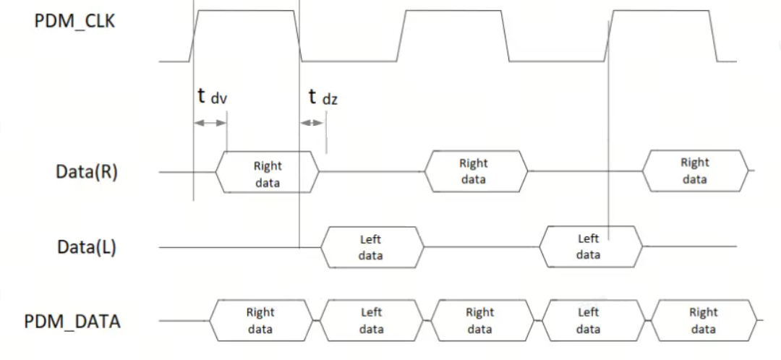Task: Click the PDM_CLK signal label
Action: point(74,20)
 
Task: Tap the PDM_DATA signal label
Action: point(72,321)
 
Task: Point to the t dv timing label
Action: point(212,97)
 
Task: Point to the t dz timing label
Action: point(322,97)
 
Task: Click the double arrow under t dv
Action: point(210,124)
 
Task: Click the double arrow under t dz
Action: point(312,124)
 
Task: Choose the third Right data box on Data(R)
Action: point(695,171)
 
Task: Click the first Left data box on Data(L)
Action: point(371,247)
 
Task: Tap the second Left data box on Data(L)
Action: point(589,247)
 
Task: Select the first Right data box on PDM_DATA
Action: point(261,321)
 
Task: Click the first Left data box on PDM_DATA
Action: point(371,321)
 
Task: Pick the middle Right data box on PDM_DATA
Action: point(480,321)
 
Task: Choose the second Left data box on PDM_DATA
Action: point(589,321)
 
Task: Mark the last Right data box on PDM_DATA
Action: point(704,321)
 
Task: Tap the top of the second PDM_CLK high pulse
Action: point(453,10)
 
